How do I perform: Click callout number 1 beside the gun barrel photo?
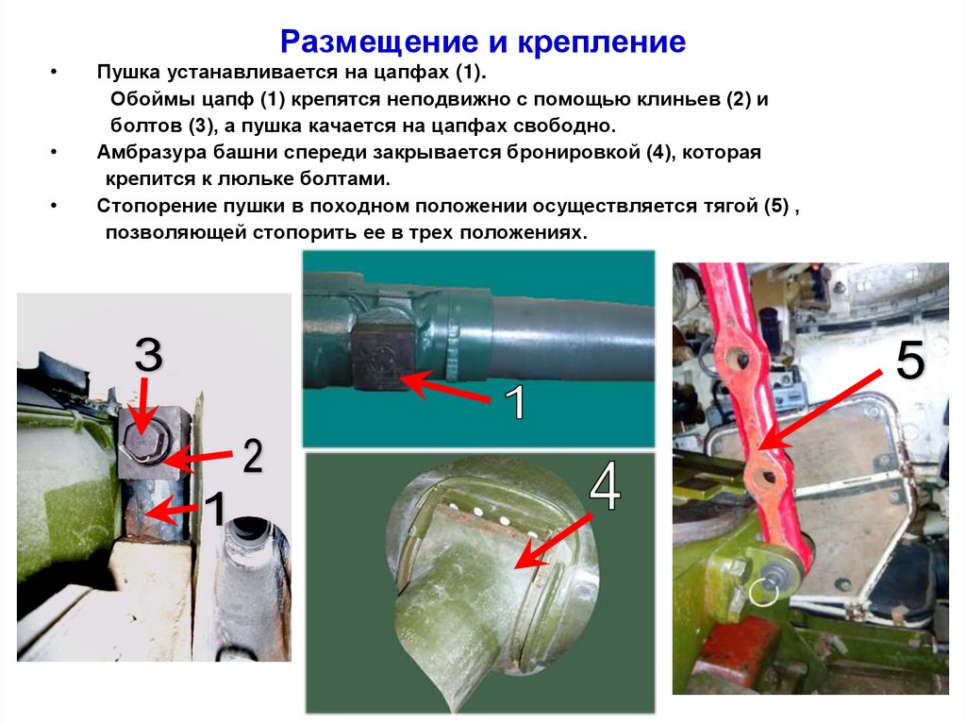pos(515,404)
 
